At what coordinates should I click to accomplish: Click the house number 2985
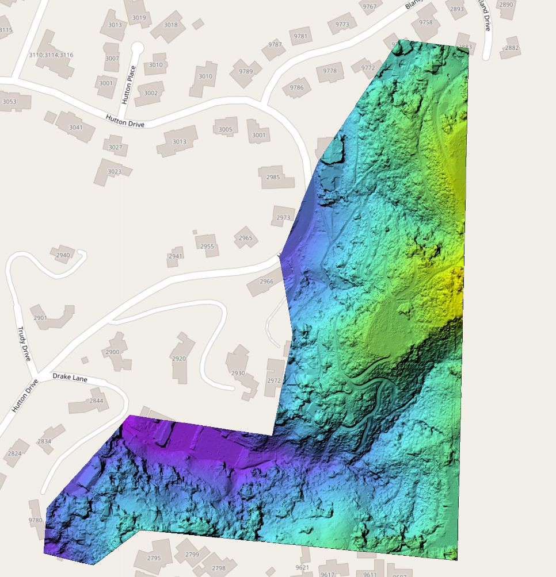(273, 177)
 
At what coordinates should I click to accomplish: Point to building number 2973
(283, 218)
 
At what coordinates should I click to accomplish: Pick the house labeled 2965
(245, 238)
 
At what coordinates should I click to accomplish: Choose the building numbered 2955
(207, 247)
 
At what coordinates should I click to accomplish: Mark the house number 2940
(63, 255)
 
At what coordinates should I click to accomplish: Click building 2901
(40, 318)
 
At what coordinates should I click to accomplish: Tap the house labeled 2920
(179, 359)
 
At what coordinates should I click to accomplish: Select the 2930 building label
(238, 373)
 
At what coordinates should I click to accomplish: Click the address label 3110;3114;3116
(51, 55)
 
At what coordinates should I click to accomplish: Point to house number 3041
(76, 127)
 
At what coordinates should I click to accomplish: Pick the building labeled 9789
(246, 71)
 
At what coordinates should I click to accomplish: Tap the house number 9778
(330, 71)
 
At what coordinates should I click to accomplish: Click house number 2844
(96, 401)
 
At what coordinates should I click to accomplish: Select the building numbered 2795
(154, 558)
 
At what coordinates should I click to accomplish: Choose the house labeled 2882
(512, 48)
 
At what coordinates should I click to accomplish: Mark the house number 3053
(10, 102)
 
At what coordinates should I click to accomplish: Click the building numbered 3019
(139, 18)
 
